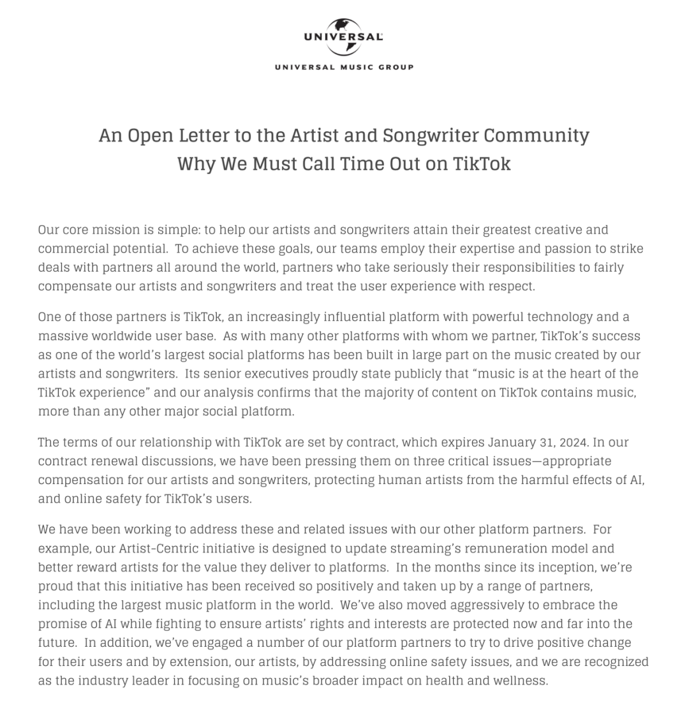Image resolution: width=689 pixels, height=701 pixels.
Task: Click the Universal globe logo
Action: [x=344, y=37]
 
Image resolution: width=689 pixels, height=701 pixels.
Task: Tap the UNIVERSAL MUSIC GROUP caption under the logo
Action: [x=344, y=67]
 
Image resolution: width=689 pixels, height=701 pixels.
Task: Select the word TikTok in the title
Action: [x=482, y=164]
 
